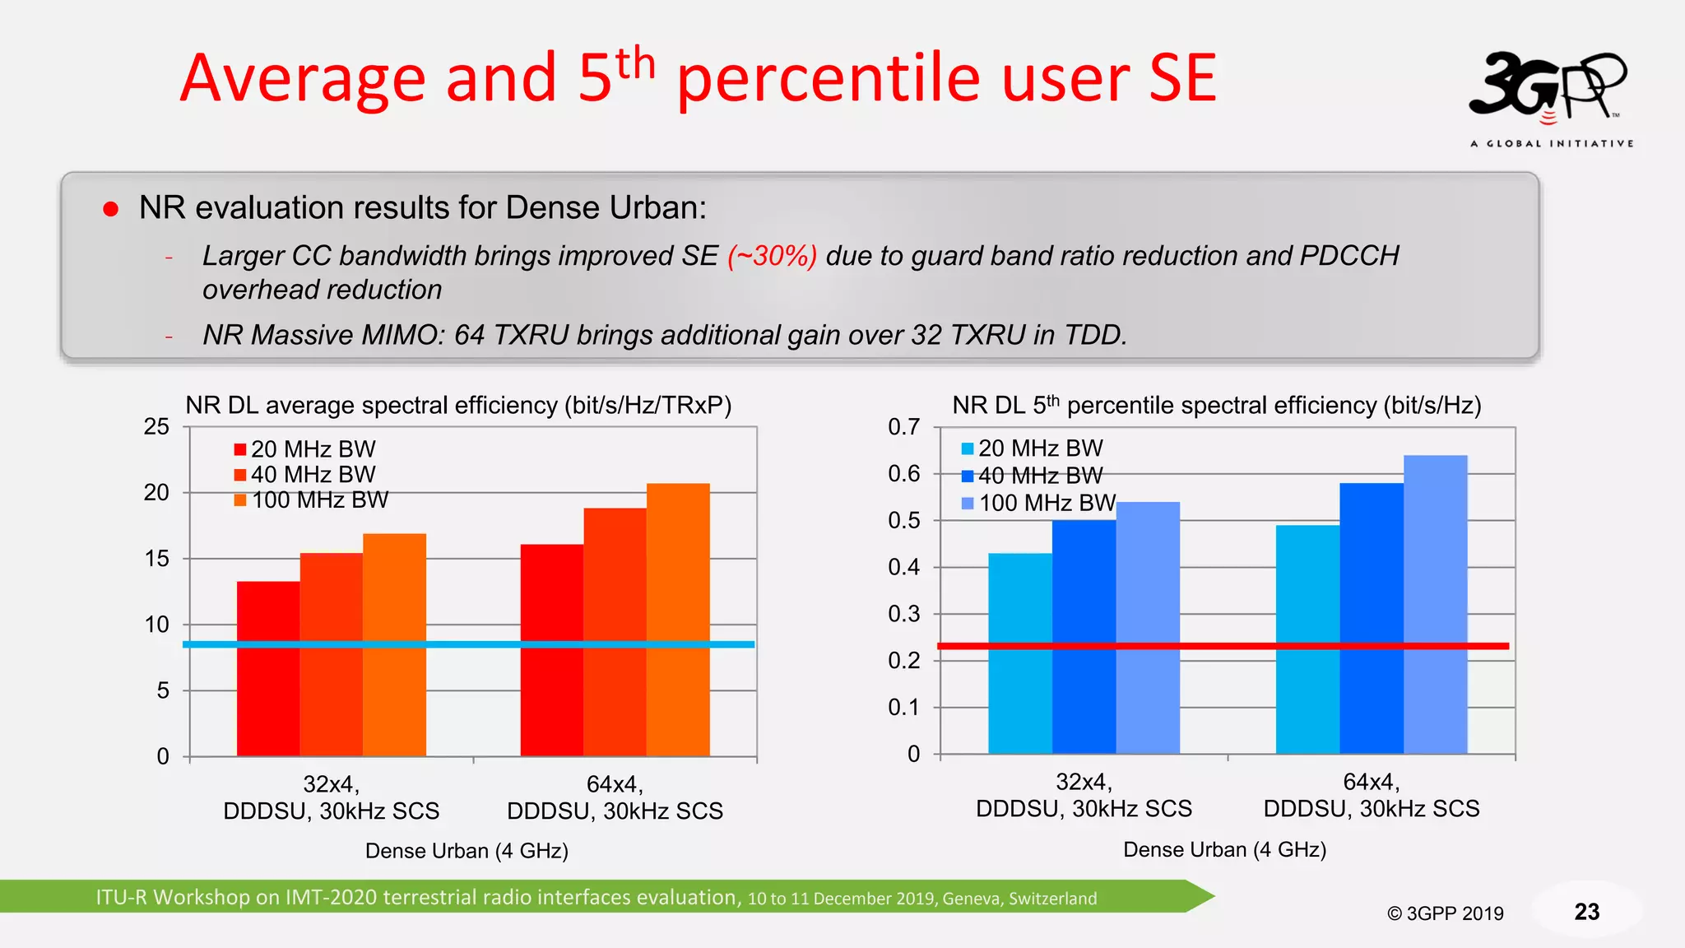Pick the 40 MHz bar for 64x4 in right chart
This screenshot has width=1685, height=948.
(x=1371, y=617)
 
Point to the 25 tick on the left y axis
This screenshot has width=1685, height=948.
(x=156, y=427)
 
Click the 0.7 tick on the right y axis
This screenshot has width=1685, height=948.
(x=903, y=427)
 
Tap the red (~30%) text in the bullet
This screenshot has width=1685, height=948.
(x=772, y=256)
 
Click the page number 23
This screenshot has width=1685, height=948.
(x=1586, y=912)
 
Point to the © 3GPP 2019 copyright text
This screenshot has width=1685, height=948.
(x=1445, y=913)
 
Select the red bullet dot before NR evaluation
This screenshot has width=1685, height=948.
(x=110, y=209)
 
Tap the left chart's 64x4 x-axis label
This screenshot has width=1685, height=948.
(x=615, y=797)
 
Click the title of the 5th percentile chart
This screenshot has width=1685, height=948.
(x=1216, y=405)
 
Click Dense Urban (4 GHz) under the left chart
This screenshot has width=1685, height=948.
(x=467, y=851)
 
